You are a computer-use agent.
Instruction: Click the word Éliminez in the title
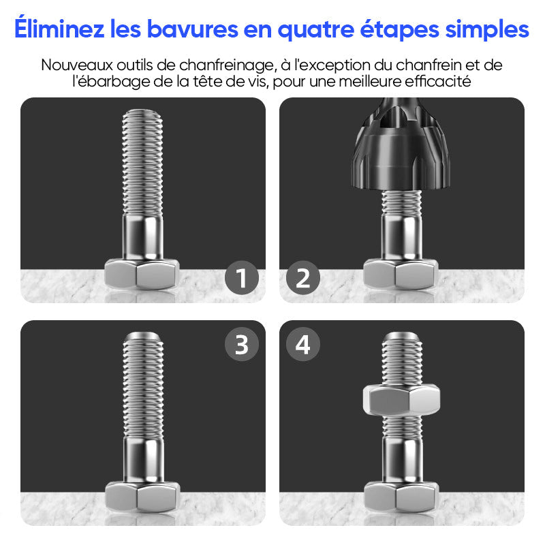59,28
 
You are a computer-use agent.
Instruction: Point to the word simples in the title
487,30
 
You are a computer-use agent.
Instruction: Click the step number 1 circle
242,278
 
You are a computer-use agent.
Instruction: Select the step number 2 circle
303,278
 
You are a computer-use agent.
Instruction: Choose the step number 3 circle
242,344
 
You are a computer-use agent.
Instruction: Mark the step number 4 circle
303,344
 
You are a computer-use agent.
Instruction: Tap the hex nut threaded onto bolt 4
401,400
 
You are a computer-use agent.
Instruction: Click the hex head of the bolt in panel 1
142,274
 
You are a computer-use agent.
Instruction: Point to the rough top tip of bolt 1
142,114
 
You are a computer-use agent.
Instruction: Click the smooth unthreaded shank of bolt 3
143,459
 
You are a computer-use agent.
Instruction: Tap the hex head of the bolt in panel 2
401,274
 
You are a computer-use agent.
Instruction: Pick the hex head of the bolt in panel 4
401,497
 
